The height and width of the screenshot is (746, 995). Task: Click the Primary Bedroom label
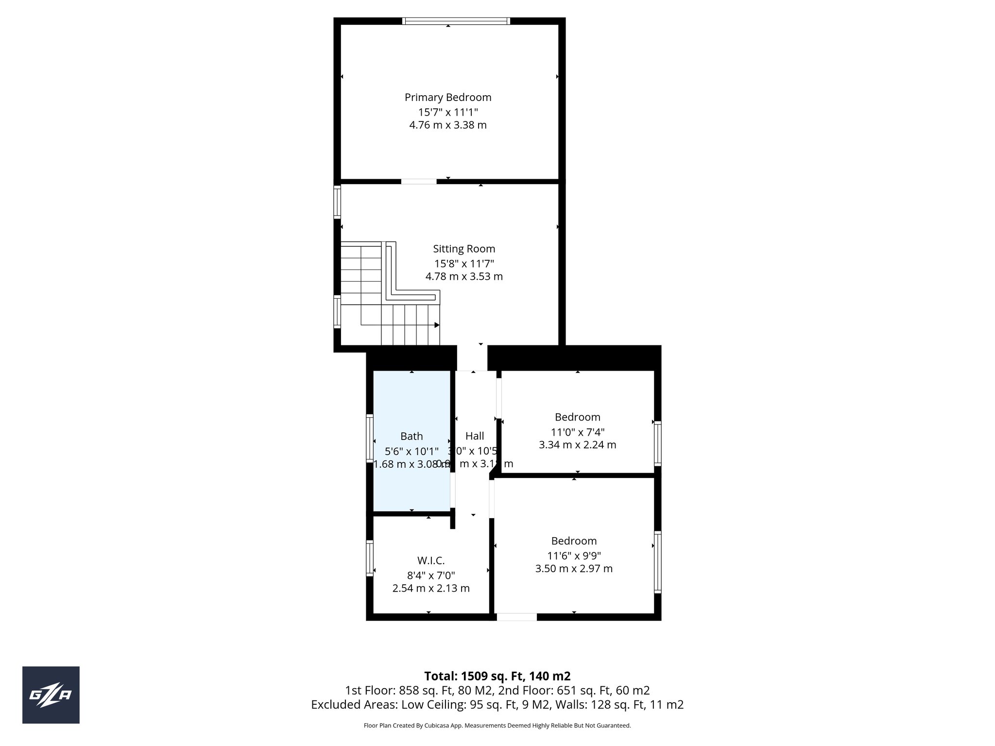tap(448, 97)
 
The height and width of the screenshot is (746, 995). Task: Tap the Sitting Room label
tap(464, 249)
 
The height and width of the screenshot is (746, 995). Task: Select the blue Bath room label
tap(412, 436)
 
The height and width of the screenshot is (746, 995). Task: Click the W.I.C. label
tap(431, 560)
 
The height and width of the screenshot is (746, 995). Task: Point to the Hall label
tap(475, 436)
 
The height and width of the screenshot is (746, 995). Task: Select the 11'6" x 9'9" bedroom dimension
tap(574, 556)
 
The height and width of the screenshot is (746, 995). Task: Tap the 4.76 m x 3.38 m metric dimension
tap(448, 125)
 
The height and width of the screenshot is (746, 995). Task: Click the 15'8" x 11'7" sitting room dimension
tap(464, 264)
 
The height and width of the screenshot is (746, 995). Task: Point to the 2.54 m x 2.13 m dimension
tap(431, 589)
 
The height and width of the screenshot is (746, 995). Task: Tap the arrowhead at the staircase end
tap(437, 325)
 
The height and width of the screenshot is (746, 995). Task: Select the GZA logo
tap(51, 695)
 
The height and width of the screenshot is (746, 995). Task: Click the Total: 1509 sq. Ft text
tap(497, 676)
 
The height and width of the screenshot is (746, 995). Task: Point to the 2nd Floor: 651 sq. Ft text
tap(583, 690)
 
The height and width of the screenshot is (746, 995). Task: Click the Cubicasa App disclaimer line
tap(497, 726)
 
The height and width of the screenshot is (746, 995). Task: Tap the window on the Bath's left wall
tap(370, 438)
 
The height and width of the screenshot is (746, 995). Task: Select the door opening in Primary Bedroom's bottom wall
tap(419, 182)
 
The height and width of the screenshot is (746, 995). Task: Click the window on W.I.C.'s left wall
tap(370, 558)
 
